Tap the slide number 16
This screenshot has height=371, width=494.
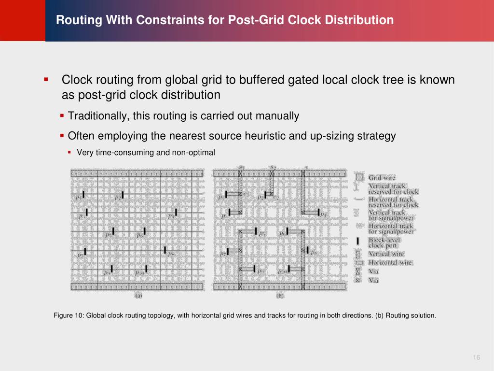(477, 357)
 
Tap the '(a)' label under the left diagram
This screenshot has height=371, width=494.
(138, 295)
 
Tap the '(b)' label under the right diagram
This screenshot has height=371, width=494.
(280, 295)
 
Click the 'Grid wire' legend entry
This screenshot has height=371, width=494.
(382, 178)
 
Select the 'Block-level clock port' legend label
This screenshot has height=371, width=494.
(384, 243)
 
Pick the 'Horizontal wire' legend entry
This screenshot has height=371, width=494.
(390, 262)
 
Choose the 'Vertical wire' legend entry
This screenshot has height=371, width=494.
(386, 254)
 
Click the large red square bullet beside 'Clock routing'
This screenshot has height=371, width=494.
(46, 79)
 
